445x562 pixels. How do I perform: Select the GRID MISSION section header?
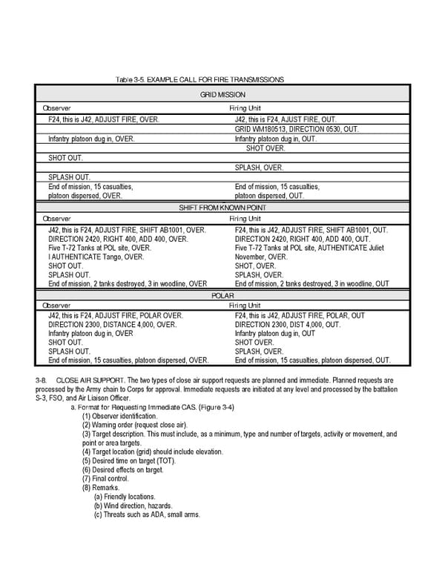(x=222, y=96)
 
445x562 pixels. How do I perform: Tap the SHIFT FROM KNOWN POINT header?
(x=222, y=208)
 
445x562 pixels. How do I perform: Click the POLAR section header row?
(x=222, y=295)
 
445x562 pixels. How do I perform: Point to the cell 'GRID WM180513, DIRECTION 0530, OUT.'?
(x=296, y=129)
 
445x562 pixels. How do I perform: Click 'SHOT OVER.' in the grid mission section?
(x=265, y=148)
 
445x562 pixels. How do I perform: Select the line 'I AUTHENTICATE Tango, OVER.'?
(x=96, y=257)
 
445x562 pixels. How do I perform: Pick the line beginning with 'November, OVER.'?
(x=261, y=257)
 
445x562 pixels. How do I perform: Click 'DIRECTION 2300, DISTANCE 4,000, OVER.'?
(x=113, y=325)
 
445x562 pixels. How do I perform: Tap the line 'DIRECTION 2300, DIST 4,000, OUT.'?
(x=288, y=325)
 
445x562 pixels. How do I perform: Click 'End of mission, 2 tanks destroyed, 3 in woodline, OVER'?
(x=128, y=283)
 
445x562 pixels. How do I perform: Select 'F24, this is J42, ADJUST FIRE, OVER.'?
(x=103, y=119)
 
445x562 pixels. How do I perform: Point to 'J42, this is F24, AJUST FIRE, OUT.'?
(x=285, y=119)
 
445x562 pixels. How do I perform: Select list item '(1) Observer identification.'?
(x=123, y=417)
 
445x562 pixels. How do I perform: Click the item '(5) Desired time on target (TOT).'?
(x=133, y=461)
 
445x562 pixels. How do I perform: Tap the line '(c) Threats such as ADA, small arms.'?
(x=147, y=515)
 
